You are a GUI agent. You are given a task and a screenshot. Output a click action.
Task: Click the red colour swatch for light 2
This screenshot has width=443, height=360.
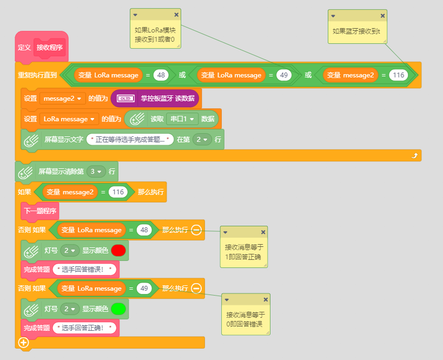click(x=118, y=250)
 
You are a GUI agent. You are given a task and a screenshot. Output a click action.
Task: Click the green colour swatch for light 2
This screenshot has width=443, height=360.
click(x=118, y=309)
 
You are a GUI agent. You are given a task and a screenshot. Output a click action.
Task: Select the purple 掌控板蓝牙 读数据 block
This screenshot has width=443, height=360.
click(x=155, y=99)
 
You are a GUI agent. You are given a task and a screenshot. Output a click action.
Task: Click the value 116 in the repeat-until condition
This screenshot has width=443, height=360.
click(x=398, y=75)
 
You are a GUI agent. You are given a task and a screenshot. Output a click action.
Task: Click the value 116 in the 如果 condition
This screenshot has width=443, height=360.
click(x=118, y=192)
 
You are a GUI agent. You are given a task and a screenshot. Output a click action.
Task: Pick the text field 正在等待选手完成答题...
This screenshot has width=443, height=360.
click(x=130, y=140)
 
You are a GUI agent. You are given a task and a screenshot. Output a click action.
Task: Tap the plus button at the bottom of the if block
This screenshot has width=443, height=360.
click(x=23, y=343)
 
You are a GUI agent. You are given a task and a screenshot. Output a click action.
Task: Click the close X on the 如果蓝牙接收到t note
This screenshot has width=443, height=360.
click(x=382, y=16)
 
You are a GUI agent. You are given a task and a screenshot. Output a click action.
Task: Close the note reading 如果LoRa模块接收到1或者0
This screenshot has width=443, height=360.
click(x=176, y=15)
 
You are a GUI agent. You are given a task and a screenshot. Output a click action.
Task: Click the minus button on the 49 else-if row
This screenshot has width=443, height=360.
click(x=196, y=288)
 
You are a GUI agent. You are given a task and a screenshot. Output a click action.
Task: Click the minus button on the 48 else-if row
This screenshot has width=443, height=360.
click(x=196, y=230)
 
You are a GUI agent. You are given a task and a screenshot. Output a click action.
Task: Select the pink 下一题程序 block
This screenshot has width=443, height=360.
click(x=40, y=211)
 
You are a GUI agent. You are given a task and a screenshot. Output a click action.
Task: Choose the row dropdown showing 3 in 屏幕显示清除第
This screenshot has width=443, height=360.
click(x=96, y=172)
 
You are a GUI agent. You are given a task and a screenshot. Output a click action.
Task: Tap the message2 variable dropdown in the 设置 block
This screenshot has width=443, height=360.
click(x=62, y=99)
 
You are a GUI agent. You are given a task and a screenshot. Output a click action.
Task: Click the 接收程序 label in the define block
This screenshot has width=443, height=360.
click(x=49, y=47)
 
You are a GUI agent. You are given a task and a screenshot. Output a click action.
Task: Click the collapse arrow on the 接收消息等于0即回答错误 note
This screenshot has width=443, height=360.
click(x=227, y=300)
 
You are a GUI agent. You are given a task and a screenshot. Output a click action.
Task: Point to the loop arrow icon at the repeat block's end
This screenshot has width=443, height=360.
click(x=414, y=155)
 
